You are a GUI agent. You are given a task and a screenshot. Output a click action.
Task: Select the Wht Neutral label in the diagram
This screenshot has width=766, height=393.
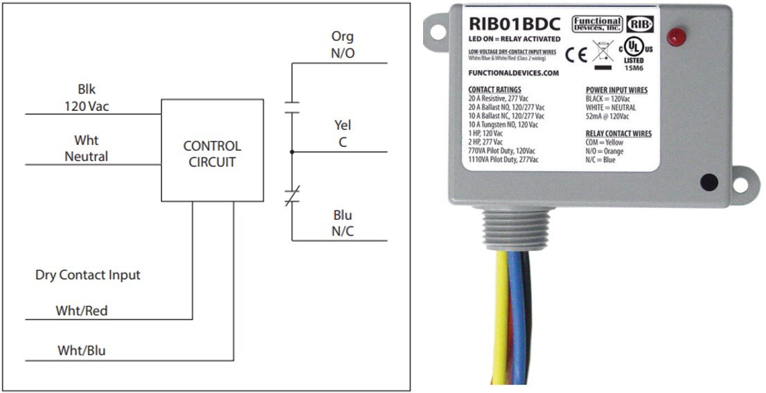[x=87, y=148]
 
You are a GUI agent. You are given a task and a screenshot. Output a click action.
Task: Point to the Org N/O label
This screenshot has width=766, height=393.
[x=343, y=44]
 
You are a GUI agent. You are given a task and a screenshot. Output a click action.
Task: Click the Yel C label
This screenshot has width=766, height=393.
[x=343, y=133]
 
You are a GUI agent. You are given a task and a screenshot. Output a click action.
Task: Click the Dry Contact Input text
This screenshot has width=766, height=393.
[x=88, y=275]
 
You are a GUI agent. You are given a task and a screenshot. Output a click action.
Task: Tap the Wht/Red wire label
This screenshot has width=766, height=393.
[x=82, y=311]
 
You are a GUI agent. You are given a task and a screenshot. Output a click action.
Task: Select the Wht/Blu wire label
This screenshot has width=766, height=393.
[x=82, y=351]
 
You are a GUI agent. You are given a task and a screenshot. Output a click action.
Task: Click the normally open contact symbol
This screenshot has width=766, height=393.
[x=292, y=107]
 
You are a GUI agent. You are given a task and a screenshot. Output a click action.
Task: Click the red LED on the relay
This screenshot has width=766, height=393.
[x=673, y=37]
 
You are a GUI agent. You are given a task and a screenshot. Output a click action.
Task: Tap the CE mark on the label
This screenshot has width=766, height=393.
[x=575, y=54]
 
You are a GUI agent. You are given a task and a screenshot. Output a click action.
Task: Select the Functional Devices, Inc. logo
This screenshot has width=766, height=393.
[x=596, y=24]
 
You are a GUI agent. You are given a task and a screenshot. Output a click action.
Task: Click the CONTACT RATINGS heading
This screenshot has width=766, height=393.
[x=495, y=90]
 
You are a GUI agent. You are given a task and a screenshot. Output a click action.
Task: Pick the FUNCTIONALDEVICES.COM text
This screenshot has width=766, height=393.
[x=514, y=73]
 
